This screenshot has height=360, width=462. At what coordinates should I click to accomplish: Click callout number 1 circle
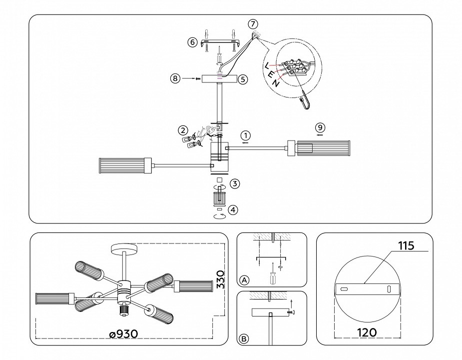pos(245,135)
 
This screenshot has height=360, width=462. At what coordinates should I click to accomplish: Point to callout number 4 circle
pos(233,210)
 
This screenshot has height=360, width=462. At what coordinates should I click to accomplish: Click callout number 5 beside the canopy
pos(243,79)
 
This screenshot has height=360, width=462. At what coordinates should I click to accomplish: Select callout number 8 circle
pos(174,79)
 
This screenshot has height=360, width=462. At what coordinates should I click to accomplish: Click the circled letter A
pos(244,279)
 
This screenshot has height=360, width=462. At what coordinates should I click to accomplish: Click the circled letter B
pos(244,338)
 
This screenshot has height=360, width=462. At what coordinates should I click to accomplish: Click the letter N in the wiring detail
pos(276,83)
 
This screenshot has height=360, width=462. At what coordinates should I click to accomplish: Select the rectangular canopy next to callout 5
pos(219,79)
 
